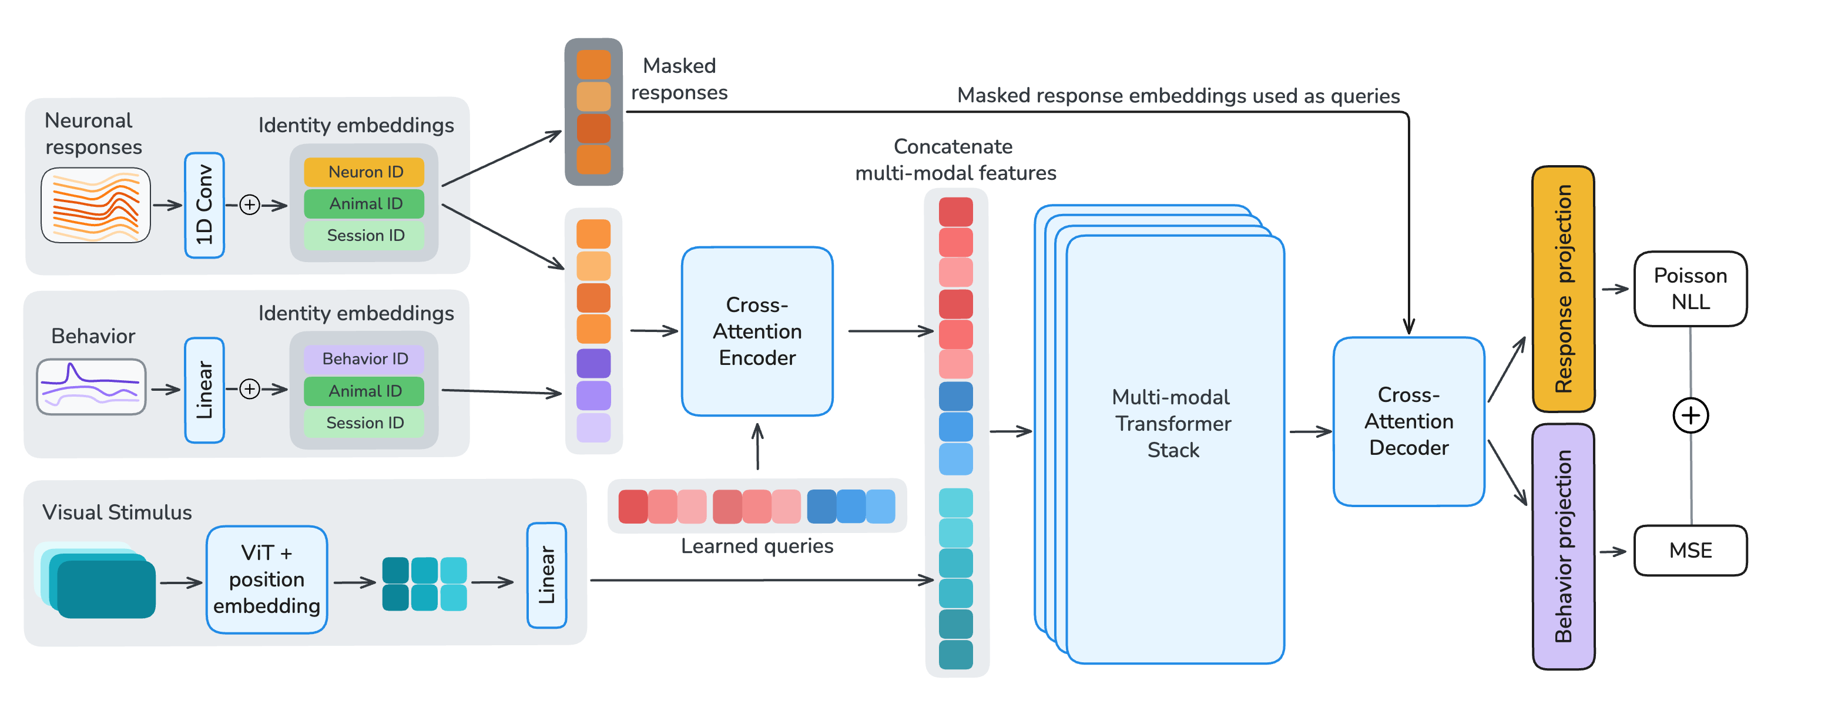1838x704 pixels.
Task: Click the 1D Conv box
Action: [x=204, y=205]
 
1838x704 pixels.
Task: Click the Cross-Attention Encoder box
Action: [x=756, y=331]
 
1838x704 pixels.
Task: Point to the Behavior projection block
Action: [x=1562, y=547]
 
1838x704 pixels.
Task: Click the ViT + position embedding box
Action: [x=266, y=579]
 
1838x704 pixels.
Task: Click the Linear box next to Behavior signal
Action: [x=204, y=390]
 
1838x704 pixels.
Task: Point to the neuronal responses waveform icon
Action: [x=96, y=206]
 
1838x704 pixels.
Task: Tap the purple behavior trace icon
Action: [x=91, y=387]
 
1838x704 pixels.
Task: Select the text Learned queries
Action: [x=756, y=546]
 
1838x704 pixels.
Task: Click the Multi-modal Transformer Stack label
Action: [x=1173, y=423]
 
